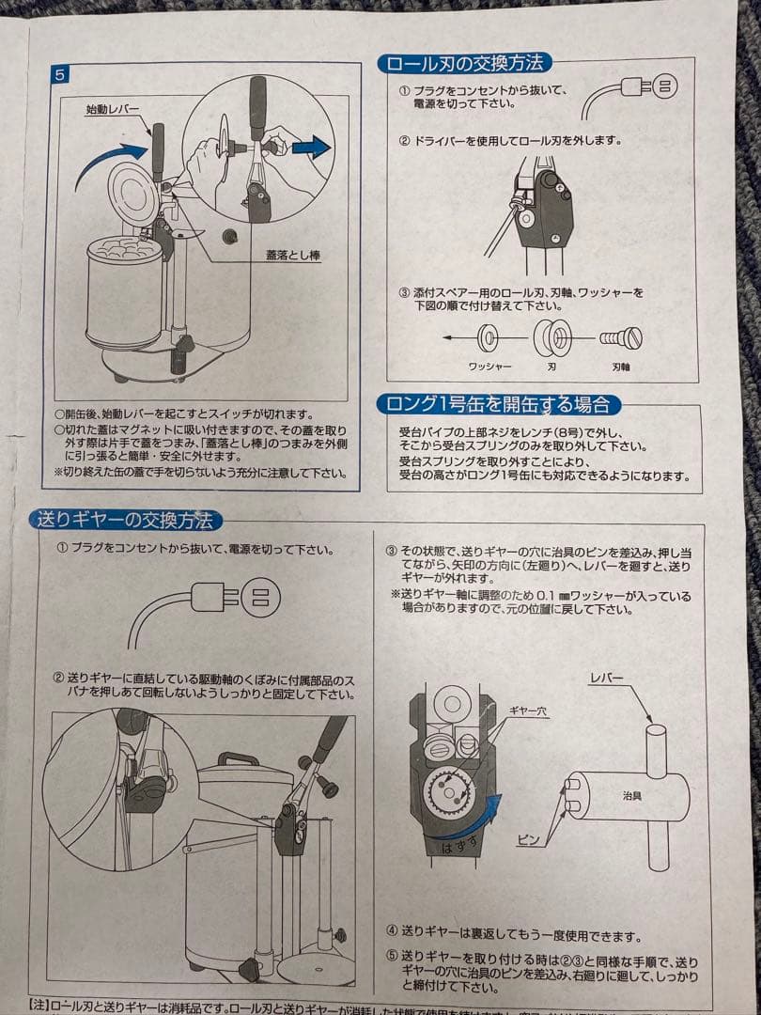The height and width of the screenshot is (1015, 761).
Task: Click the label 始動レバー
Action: [112, 109]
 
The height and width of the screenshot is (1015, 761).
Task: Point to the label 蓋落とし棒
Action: [292, 254]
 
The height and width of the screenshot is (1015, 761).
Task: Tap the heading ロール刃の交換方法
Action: [464, 64]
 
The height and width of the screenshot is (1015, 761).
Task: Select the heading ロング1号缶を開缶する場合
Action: [498, 405]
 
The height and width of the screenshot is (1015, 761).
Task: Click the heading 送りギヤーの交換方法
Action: [125, 520]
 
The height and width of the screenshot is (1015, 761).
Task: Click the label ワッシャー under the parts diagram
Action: [489, 366]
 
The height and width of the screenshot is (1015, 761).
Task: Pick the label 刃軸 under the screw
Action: [621, 366]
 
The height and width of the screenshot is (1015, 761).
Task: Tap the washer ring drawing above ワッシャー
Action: [489, 336]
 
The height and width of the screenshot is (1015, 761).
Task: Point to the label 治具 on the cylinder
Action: [633, 795]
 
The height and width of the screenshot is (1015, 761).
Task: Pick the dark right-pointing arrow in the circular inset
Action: [310, 147]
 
